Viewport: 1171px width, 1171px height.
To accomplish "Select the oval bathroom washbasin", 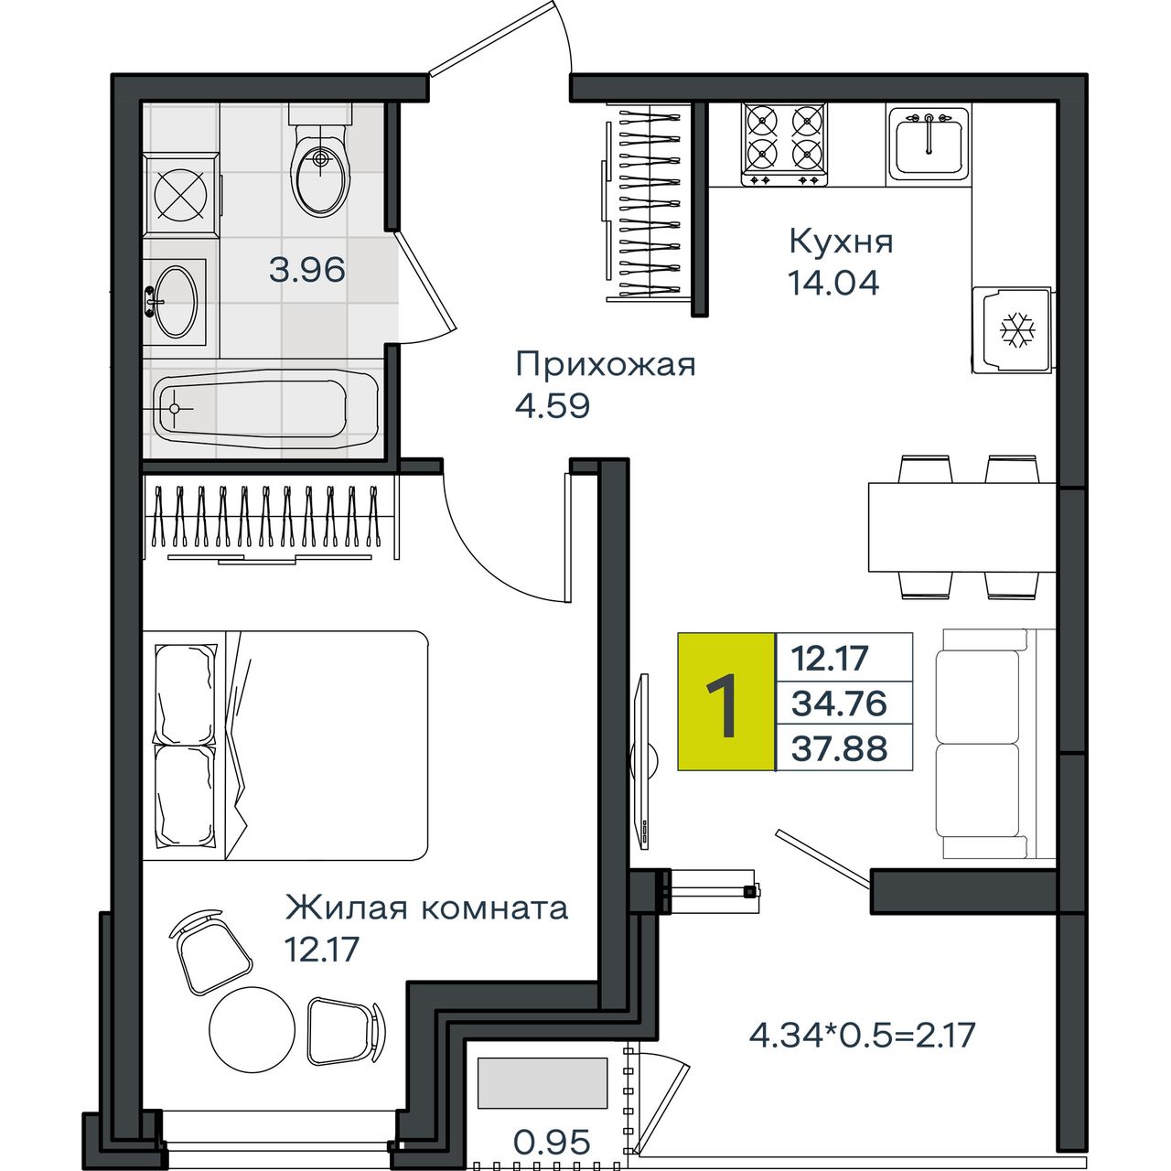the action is (176, 301).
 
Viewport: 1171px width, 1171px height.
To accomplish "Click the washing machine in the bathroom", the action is (181, 194).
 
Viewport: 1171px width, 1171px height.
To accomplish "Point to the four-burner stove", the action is (784, 144).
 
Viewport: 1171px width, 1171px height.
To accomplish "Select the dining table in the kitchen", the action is (962, 527).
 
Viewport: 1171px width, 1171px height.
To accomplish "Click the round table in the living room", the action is (252, 1029).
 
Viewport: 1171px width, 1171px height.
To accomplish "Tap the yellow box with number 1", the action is (726, 702).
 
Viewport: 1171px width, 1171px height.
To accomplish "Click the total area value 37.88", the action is (839, 748).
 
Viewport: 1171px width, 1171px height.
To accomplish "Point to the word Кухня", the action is (841, 242).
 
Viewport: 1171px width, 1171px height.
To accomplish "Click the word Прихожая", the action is (606, 365).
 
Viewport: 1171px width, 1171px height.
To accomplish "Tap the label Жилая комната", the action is (426, 908).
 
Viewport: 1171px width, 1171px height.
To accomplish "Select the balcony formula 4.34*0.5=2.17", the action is (863, 1036).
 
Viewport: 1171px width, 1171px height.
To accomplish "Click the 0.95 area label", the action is (552, 1143).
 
